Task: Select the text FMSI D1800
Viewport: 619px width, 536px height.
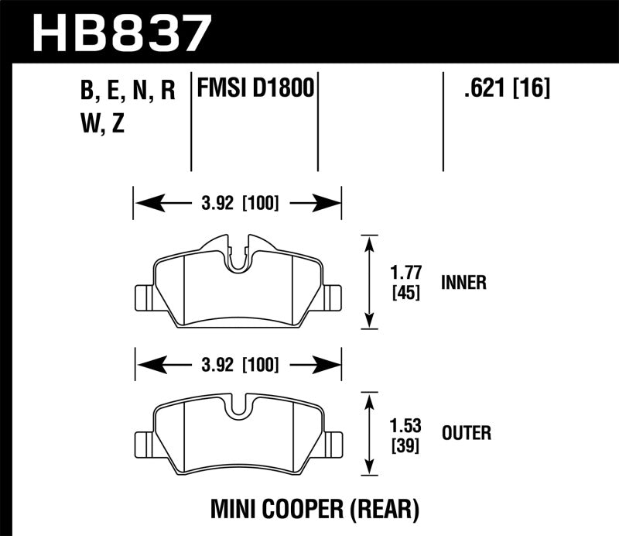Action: pos(255,89)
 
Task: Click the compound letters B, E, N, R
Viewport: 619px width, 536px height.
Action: pos(128,91)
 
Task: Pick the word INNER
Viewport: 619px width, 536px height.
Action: pos(463,283)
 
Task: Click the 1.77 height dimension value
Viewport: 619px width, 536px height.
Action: pos(401,273)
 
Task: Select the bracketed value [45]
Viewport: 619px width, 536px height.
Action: pos(401,293)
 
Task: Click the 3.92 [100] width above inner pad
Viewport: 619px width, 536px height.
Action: pos(238,204)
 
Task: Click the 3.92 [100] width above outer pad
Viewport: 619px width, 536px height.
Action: pos(238,363)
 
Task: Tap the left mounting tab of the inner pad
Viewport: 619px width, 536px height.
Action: pos(144,295)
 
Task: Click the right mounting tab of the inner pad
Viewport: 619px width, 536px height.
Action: pos(333,295)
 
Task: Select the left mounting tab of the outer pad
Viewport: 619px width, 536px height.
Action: pos(144,442)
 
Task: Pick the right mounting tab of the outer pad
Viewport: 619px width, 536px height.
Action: pos(333,442)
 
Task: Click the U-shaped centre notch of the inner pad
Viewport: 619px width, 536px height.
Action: pos(239,258)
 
